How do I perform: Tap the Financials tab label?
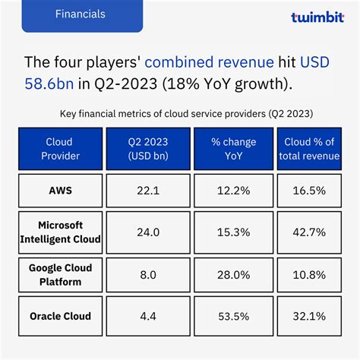(81, 14)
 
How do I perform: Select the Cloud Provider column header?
(60, 148)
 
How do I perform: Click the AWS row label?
(60, 189)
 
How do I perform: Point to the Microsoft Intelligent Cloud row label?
(60, 231)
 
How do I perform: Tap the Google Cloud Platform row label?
(60, 273)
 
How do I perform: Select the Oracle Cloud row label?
(60, 315)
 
